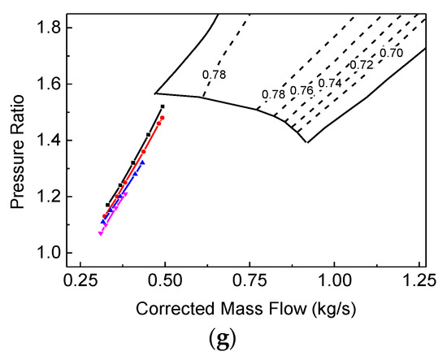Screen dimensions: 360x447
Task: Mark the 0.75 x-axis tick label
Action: (x=250, y=284)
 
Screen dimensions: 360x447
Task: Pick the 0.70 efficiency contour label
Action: (x=392, y=53)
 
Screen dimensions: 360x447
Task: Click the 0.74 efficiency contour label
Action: (x=331, y=83)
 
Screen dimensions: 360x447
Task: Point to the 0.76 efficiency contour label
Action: (x=302, y=90)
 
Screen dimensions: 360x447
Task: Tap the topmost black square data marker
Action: (x=163, y=106)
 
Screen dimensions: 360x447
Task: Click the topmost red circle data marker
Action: (x=163, y=118)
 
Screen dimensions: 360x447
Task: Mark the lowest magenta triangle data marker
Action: (x=100, y=234)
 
